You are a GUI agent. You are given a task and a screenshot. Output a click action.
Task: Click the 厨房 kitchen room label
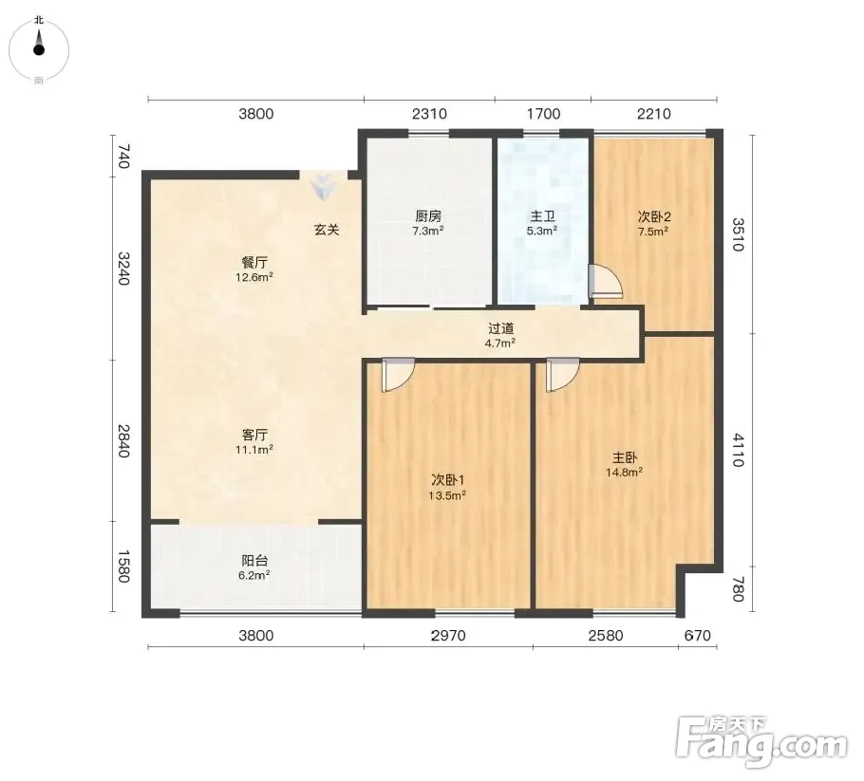pyautogui.click(x=428, y=216)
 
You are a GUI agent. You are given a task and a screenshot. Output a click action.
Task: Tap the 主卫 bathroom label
pyautogui.click(x=542, y=216)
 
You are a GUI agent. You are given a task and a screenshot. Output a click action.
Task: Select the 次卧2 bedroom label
pyautogui.click(x=654, y=216)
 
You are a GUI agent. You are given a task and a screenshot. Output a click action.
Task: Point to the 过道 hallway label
pyautogui.click(x=501, y=328)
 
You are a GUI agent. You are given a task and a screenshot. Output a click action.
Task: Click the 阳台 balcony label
pyautogui.click(x=254, y=561)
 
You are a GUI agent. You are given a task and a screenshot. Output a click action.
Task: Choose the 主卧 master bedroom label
pyautogui.click(x=625, y=457)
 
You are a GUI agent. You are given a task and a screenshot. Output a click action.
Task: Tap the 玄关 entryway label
pyautogui.click(x=327, y=230)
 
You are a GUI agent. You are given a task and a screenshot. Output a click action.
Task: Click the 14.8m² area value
pyautogui.click(x=625, y=472)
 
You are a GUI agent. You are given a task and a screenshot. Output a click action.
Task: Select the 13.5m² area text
pyautogui.click(x=447, y=495)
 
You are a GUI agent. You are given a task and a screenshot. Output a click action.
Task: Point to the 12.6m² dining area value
pyautogui.click(x=254, y=277)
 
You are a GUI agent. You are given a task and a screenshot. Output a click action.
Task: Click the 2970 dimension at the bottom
pyautogui.click(x=448, y=636)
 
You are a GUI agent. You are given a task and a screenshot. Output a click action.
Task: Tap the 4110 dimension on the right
pyautogui.click(x=739, y=450)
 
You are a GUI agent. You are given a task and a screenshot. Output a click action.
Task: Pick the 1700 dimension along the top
pyautogui.click(x=543, y=114)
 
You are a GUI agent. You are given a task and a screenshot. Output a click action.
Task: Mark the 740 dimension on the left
pyautogui.click(x=123, y=157)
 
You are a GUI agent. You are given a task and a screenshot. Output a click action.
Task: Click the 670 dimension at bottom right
pyautogui.click(x=698, y=636)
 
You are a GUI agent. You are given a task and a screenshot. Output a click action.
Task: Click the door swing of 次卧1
pyautogui.click(x=398, y=375)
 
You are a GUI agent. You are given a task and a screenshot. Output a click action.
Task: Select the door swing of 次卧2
pyautogui.click(x=605, y=282)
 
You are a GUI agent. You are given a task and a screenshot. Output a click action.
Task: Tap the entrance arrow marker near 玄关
pyautogui.click(x=323, y=187)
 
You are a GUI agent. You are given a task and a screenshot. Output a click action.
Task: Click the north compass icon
pyautogui.click(x=39, y=49)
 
